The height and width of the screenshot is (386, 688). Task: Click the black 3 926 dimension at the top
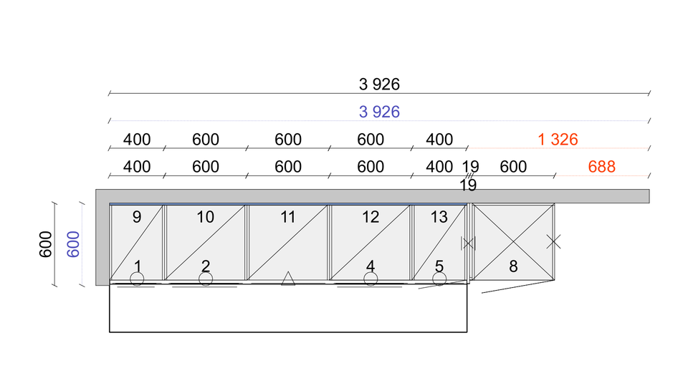[379, 85]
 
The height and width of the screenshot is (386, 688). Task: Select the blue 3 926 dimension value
[379, 112]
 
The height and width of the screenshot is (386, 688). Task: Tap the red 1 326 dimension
[558, 140]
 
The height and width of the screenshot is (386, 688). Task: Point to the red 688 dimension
[601, 167]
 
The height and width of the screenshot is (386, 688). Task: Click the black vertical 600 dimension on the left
[46, 244]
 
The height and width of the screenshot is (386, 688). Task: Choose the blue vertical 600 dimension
[73, 244]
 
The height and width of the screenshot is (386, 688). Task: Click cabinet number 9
[137, 217]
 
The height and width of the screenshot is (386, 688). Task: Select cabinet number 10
[206, 217]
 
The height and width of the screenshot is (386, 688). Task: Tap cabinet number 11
[288, 217]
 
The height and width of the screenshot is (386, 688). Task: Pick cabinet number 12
[371, 217]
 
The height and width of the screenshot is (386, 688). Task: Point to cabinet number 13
[439, 217]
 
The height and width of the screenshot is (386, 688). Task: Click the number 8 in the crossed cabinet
[513, 266]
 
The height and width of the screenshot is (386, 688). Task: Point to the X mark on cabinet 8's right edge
[554, 241]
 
